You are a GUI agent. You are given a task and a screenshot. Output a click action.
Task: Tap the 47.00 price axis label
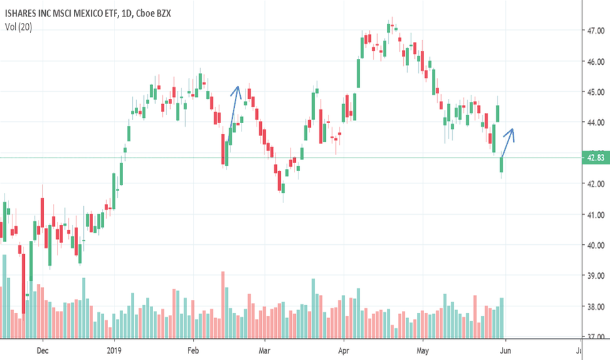click(x=595, y=31)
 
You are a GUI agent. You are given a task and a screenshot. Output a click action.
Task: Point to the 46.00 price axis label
click(x=595, y=62)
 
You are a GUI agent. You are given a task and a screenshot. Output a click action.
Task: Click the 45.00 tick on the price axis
click(x=595, y=92)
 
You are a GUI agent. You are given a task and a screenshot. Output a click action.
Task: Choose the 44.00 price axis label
click(x=595, y=122)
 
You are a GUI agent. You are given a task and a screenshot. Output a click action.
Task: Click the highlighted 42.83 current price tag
click(x=595, y=157)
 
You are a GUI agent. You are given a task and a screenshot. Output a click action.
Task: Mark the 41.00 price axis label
click(x=595, y=215)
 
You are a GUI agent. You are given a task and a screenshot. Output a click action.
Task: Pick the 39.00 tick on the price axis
click(x=595, y=276)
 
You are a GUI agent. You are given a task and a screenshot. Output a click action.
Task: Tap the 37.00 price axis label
click(x=595, y=336)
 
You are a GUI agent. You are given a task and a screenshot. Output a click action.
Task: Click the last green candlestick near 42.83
click(x=502, y=165)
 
